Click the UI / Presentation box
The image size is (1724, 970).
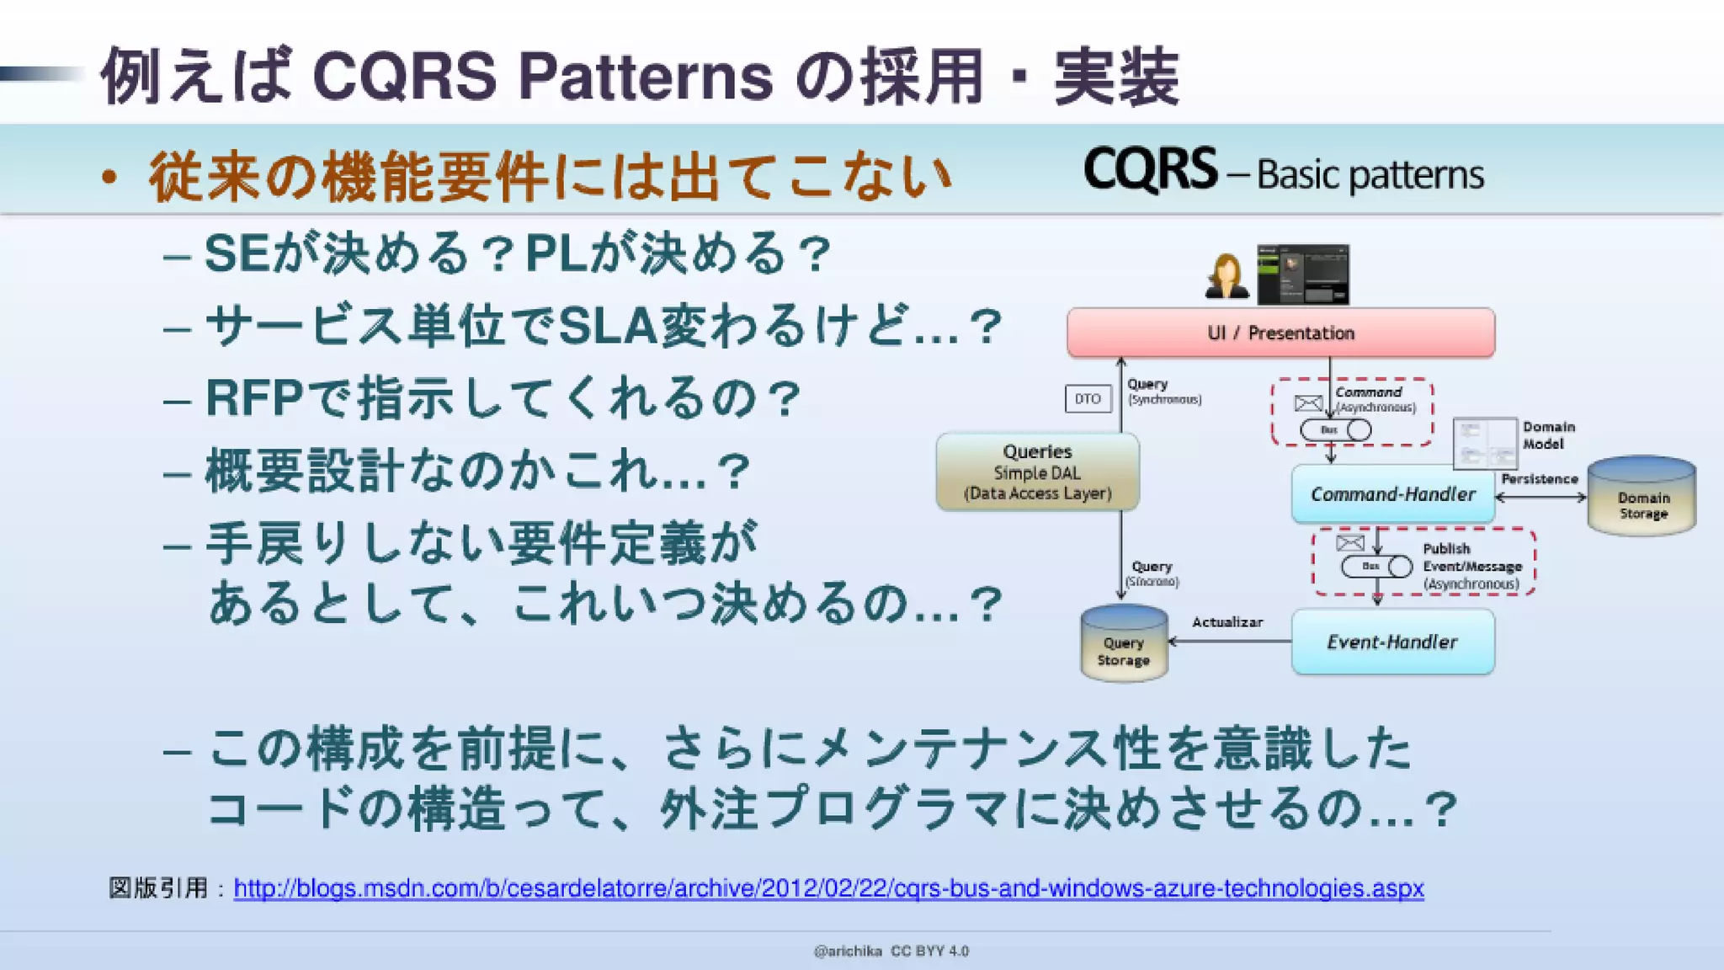(1280, 333)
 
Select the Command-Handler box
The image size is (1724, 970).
(1392, 494)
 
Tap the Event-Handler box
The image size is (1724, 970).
(1392, 642)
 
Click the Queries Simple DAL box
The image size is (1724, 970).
(1037, 472)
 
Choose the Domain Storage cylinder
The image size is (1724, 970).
(1642, 498)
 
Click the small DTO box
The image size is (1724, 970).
(1088, 399)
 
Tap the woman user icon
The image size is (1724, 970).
(1226, 276)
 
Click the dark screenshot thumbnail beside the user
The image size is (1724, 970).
(1302, 274)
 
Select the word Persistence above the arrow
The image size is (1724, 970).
(1539, 479)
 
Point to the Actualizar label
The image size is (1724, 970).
(1226, 622)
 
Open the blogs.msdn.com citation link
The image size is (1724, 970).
(828, 888)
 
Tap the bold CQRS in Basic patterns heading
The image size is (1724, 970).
(1150, 170)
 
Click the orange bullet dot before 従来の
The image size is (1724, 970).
(108, 178)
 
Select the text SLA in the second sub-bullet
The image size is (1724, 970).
(607, 327)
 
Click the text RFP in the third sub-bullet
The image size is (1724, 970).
(253, 399)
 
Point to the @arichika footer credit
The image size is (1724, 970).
(847, 951)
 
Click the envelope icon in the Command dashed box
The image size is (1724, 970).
(1307, 403)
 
